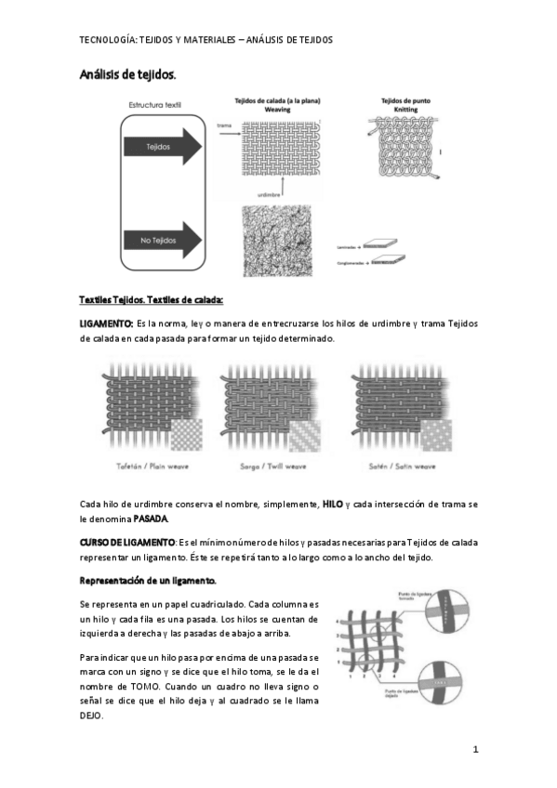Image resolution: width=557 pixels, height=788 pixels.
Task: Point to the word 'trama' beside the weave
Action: click(224, 124)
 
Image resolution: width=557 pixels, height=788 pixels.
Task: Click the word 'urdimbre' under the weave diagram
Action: click(270, 194)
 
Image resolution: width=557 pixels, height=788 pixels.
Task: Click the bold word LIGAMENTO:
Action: click(106, 322)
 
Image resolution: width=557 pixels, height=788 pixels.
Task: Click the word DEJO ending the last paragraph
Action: click(91, 716)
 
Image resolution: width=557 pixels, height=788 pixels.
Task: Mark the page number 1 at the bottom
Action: click(474, 750)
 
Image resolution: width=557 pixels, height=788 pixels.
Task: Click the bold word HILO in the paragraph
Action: click(333, 504)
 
